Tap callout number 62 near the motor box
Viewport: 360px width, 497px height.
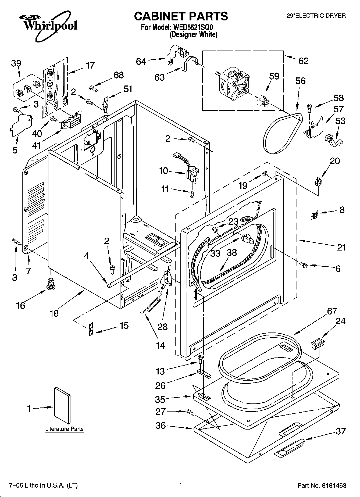[x=303, y=61]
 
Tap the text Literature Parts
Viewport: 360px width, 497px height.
[x=64, y=429]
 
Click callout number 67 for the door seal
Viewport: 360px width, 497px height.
[x=332, y=311]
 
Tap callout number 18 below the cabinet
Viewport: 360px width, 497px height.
[x=54, y=313]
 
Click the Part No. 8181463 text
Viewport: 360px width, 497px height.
[x=322, y=485]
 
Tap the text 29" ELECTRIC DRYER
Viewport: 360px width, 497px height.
[x=316, y=16]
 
